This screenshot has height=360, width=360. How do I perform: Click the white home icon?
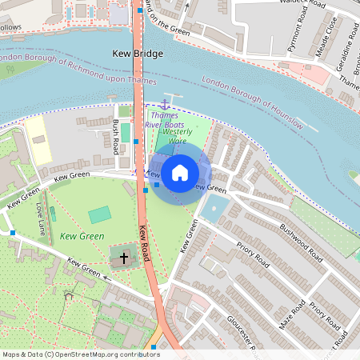180,171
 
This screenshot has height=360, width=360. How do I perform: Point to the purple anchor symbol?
166,104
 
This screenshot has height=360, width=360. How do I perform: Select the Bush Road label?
117,137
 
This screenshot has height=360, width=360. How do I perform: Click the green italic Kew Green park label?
82,237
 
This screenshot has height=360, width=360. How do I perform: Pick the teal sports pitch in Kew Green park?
99,214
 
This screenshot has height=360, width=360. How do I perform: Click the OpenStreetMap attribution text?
80,354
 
